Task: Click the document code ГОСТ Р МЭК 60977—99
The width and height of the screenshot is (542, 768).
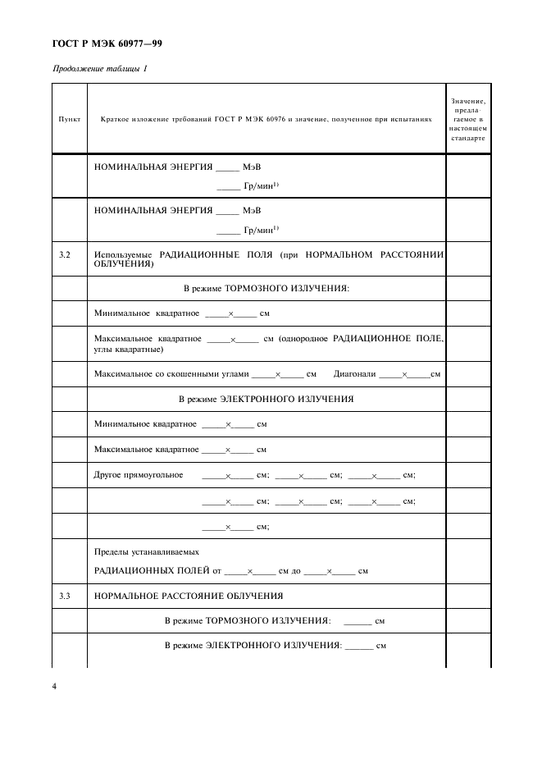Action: (107, 43)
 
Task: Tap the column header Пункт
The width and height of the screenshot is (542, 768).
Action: (69, 119)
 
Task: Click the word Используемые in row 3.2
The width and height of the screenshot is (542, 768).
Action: (123, 255)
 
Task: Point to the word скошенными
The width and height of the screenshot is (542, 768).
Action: (192, 373)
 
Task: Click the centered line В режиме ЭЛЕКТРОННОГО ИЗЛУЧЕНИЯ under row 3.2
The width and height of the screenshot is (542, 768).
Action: (266, 399)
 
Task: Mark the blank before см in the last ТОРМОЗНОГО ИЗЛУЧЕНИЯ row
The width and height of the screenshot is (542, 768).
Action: (358, 622)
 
